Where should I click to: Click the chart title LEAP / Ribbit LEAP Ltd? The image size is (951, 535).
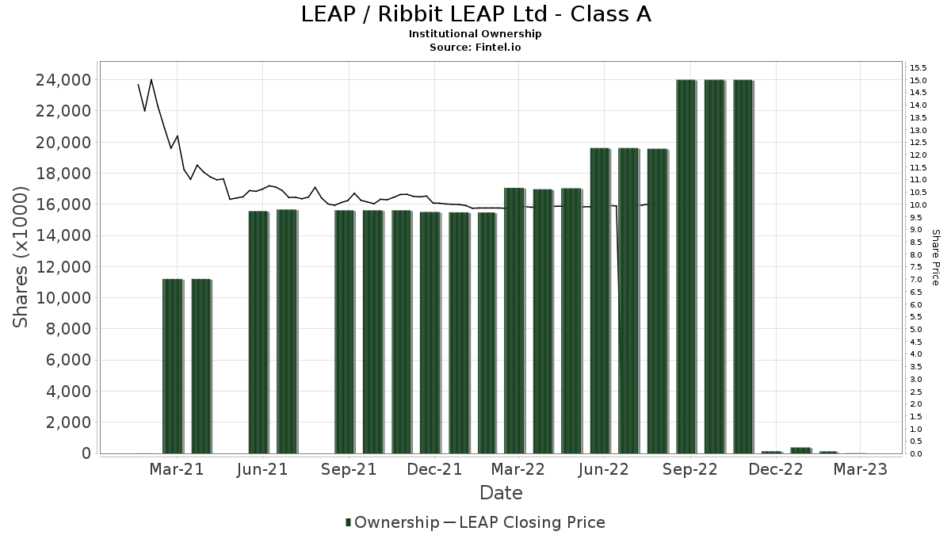(475, 14)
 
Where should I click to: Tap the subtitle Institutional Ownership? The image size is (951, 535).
(475, 34)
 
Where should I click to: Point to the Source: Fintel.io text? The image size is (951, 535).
(475, 47)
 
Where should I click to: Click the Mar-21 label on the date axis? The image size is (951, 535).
(177, 469)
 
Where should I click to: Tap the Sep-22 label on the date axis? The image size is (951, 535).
(690, 469)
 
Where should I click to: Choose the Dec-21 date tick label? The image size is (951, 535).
(433, 469)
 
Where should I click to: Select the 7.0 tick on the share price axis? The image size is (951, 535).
(916, 280)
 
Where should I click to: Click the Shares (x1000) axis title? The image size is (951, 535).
(21, 257)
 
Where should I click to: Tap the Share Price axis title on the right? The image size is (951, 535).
(935, 257)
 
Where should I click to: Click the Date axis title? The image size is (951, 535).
(501, 493)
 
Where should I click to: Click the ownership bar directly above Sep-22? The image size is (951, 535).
(686, 266)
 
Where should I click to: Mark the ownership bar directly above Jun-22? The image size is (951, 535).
(601, 300)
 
